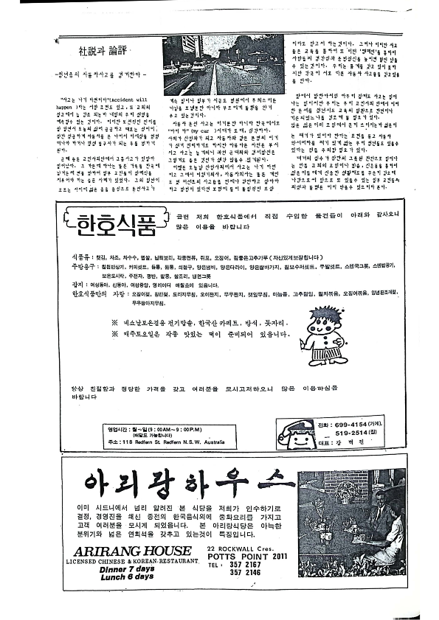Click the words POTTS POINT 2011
point(246,558)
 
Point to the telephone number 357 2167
point(249,566)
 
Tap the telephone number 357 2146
point(249,575)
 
